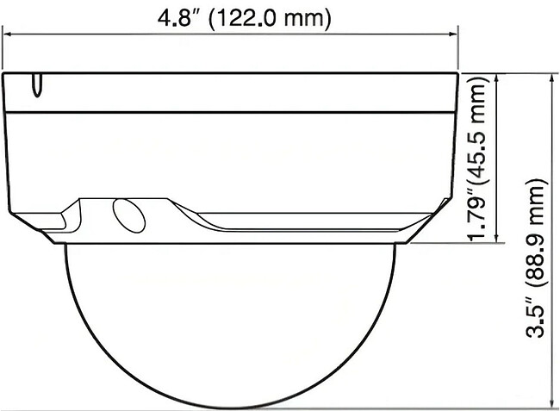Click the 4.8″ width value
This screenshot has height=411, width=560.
[175, 19]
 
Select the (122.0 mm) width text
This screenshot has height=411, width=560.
[270, 19]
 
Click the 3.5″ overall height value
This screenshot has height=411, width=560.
[536, 317]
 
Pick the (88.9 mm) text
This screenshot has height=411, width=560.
[537, 232]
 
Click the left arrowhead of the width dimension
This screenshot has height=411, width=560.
[7, 34]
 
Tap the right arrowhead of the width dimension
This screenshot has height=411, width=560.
[453, 34]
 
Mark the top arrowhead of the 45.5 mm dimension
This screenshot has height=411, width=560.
[496, 78]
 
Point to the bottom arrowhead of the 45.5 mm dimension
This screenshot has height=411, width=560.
[496, 238]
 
